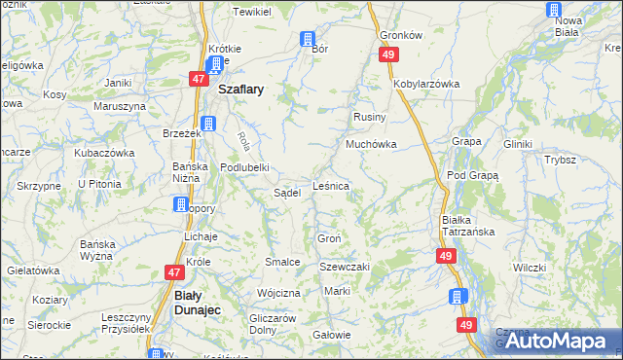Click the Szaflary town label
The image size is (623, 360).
point(243,88)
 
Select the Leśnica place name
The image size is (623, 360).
point(331,184)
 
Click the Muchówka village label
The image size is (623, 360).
point(370,144)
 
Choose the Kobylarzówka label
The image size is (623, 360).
point(425,84)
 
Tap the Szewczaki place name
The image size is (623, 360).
point(346,267)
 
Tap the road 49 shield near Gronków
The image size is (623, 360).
point(388,55)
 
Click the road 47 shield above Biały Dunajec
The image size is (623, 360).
point(174,273)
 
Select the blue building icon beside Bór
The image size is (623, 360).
point(308,40)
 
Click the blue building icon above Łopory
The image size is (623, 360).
point(181,204)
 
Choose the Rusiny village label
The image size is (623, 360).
point(370,117)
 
